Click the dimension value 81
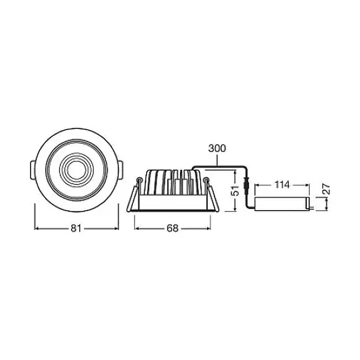[x=76, y=229]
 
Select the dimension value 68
[x=172, y=229]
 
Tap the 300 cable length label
[x=217, y=148]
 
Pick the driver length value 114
[x=282, y=185]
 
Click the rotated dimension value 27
[x=326, y=189]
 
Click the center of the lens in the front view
[x=76, y=170]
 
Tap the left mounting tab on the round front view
[x=32, y=170]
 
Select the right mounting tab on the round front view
[x=120, y=170]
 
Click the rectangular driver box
[x=282, y=204]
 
